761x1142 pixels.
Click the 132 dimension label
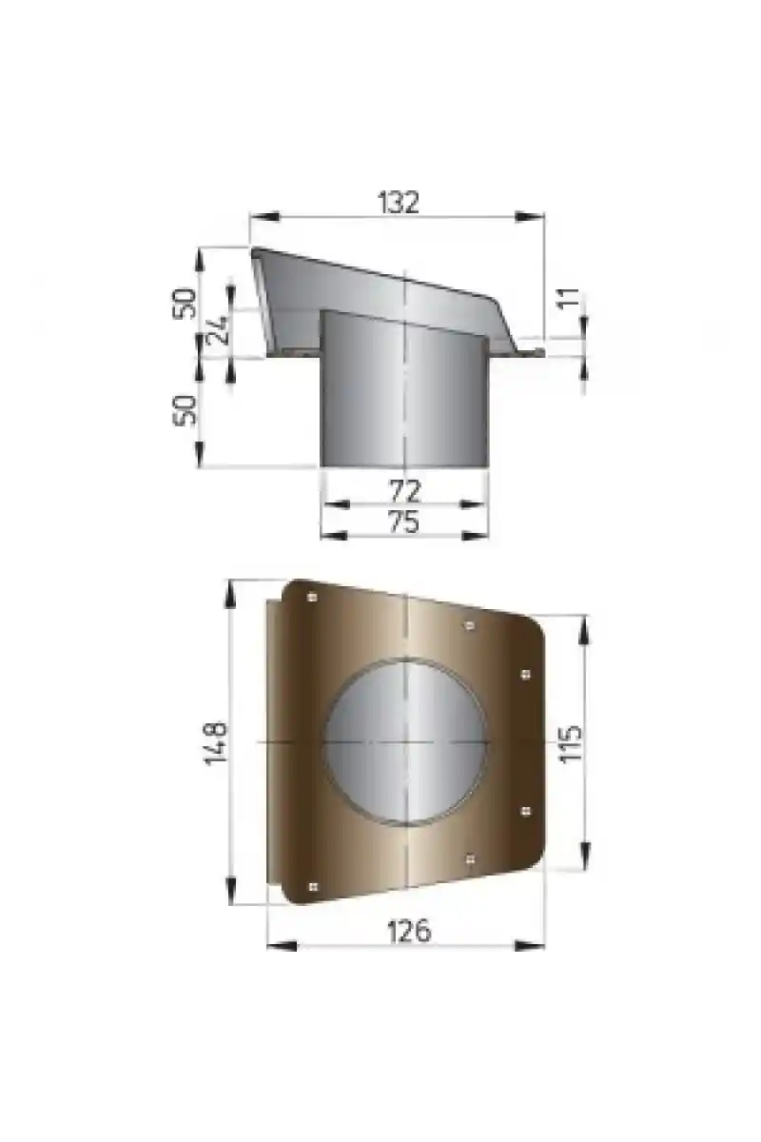coord(398,202)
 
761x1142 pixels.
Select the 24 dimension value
coord(218,330)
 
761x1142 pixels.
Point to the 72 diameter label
coord(404,491)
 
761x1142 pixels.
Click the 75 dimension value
coord(403,522)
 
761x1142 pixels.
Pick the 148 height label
coord(216,743)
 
